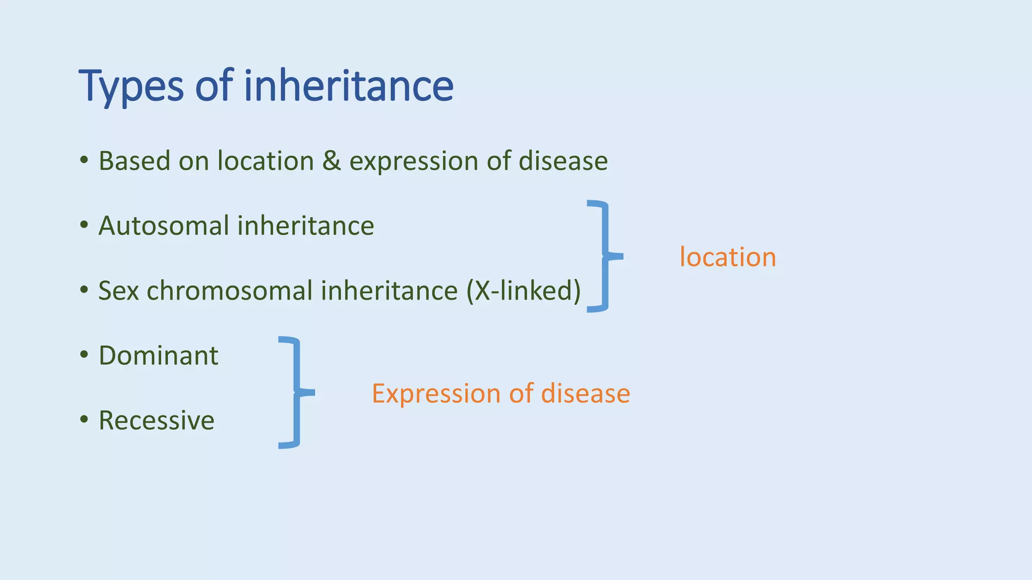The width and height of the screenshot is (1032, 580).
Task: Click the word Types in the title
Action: pyautogui.click(x=131, y=87)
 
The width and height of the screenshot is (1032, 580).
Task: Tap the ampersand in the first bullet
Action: pyautogui.click(x=331, y=161)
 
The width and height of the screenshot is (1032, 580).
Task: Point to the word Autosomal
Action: pyautogui.click(x=163, y=226)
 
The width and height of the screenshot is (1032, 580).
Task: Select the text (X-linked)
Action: pyautogui.click(x=523, y=291)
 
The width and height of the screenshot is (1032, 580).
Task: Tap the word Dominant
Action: pyautogui.click(x=158, y=355)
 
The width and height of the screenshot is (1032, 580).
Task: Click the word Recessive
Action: pyautogui.click(x=156, y=420)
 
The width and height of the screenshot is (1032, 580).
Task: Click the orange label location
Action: pyautogui.click(x=727, y=257)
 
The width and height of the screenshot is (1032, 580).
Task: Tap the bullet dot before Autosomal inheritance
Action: pyautogui.click(x=84, y=226)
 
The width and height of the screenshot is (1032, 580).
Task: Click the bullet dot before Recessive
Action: pyautogui.click(x=84, y=419)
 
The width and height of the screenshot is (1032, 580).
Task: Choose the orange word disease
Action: pyautogui.click(x=585, y=393)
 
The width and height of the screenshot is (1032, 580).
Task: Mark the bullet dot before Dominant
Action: pyautogui.click(x=84, y=355)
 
